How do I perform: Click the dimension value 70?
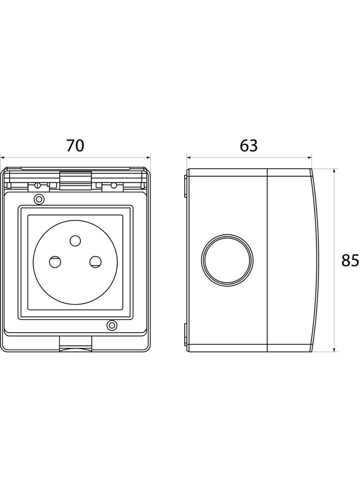[x=75, y=145]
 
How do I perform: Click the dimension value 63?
[x=249, y=145]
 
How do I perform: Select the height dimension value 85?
[x=350, y=261]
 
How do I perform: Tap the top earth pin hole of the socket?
[x=75, y=241]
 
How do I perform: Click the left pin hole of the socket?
[x=55, y=261]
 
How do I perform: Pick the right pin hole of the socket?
[x=95, y=261]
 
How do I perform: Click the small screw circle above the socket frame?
[x=39, y=199]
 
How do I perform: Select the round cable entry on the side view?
[x=227, y=259]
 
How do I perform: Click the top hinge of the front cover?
[x=76, y=180]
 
